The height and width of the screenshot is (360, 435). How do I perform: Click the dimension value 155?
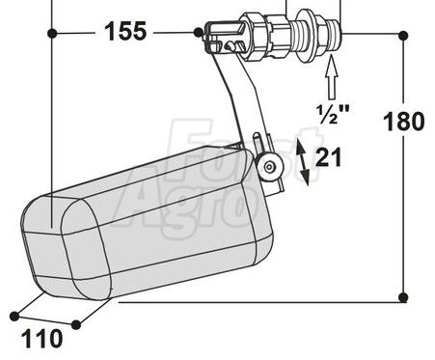point(125,31)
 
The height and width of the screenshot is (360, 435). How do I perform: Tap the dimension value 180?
point(404,122)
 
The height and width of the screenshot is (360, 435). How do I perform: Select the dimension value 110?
point(42,339)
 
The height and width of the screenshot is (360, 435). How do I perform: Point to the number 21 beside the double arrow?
point(328,157)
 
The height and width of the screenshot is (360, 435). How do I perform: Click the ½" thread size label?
point(333,114)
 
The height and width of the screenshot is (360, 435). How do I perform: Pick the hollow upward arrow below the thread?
point(332,77)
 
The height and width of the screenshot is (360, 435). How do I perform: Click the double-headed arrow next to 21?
point(303,162)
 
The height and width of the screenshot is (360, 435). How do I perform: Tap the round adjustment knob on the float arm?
point(269,166)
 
